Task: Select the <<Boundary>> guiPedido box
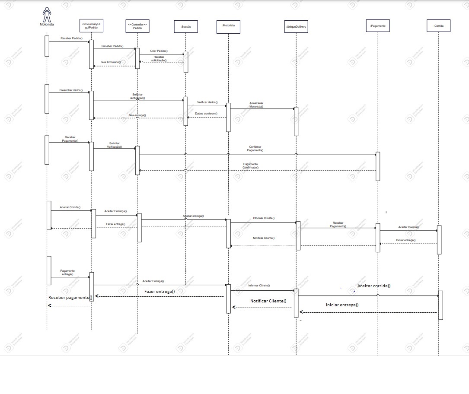click(x=91, y=26)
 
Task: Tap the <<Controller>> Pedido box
click(x=137, y=26)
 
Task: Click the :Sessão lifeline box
click(x=186, y=27)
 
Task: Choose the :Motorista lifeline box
click(x=228, y=26)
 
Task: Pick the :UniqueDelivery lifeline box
click(x=296, y=27)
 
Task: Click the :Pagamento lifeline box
click(x=378, y=26)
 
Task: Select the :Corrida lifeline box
click(x=438, y=26)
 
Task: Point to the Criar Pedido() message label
click(x=159, y=51)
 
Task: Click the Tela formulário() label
click(x=111, y=62)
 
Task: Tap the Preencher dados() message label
click(x=71, y=90)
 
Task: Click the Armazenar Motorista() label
click(x=256, y=105)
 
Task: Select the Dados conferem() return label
click(x=206, y=113)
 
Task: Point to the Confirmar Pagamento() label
click(x=255, y=149)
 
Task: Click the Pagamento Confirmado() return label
click(x=250, y=165)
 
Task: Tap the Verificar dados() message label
click(x=207, y=102)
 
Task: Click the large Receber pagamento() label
click(x=70, y=298)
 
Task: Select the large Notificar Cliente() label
click(x=268, y=301)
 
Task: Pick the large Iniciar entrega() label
click(x=342, y=305)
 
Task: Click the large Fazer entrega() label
click(x=160, y=292)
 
